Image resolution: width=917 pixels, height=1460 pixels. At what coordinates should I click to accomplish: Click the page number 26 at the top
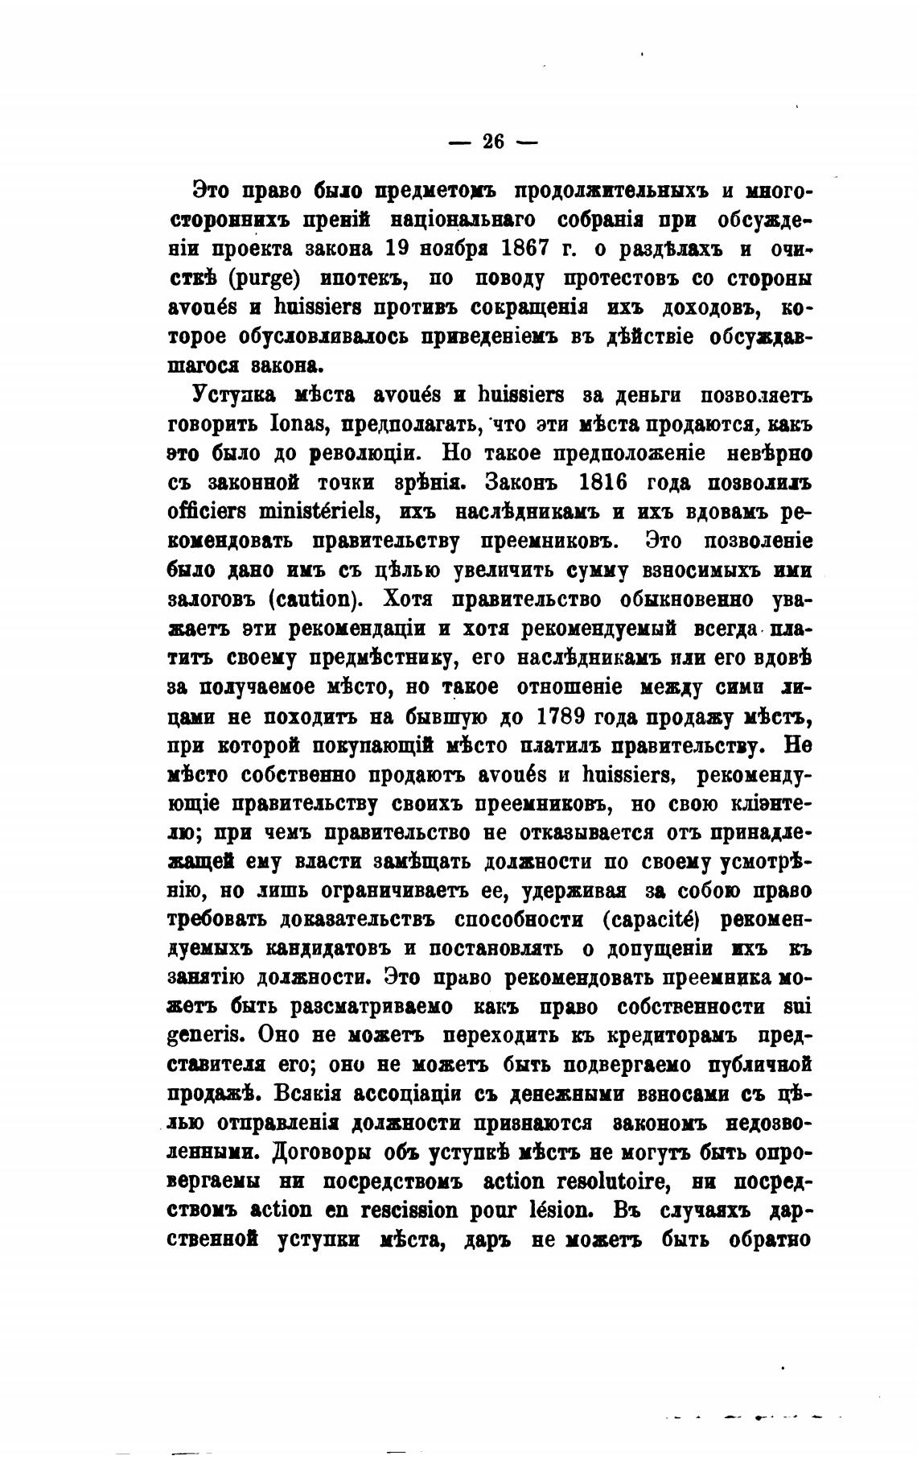coord(492,142)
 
